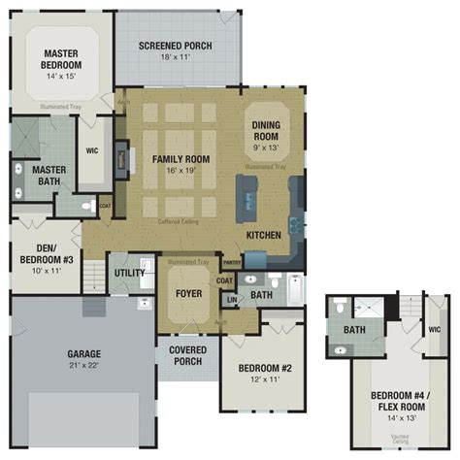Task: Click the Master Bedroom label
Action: [60, 57]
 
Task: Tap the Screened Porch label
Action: [177, 46]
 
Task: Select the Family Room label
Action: [181, 157]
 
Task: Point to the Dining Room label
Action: [266, 131]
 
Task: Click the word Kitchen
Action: [264, 236]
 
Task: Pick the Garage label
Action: [83, 353]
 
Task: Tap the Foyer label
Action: [187, 293]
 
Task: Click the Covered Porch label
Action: [186, 356]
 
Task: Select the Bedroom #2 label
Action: [259, 370]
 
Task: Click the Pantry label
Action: [232, 262]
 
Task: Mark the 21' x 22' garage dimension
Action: [83, 366]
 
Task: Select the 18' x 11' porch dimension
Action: [177, 58]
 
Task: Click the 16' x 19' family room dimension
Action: [181, 170]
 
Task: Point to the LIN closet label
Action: [232, 300]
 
